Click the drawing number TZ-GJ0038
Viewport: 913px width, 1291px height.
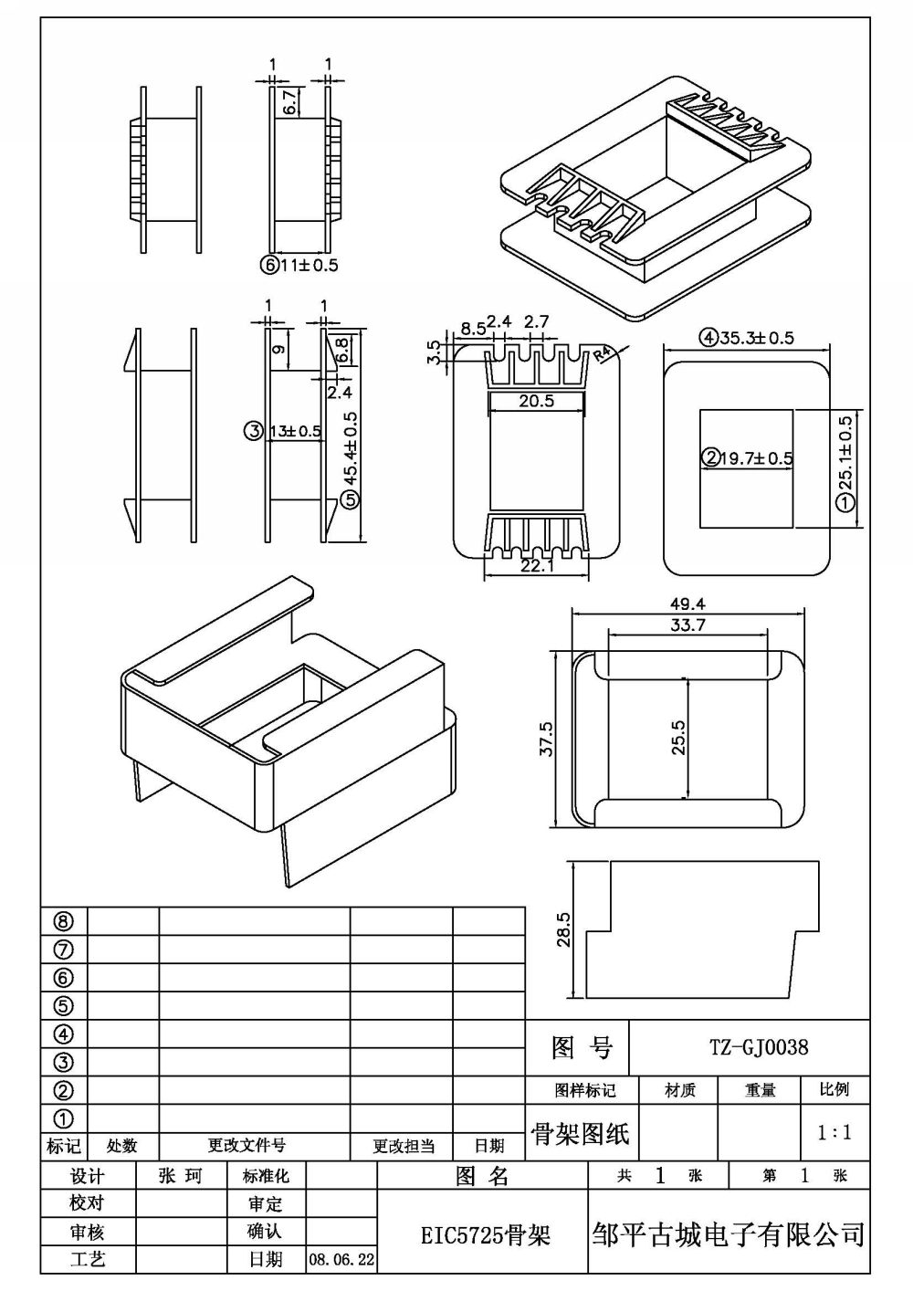[x=759, y=1047]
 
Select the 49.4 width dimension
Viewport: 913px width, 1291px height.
[x=687, y=604]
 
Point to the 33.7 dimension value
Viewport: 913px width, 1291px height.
[x=687, y=625]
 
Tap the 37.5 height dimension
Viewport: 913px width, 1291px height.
[x=546, y=740]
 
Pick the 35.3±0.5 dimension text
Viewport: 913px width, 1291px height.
[x=747, y=338]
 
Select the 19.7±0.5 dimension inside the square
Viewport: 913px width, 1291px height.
[x=747, y=458]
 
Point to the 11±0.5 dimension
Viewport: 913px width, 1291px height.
[x=299, y=266]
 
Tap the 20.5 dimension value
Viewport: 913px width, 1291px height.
[x=536, y=401]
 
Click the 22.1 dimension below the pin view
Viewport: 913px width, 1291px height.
[x=537, y=566]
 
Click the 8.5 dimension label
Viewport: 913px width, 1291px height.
[x=473, y=329]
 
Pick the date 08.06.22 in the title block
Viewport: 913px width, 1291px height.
[x=341, y=1259]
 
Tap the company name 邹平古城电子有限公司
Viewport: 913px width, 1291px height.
[x=728, y=1234]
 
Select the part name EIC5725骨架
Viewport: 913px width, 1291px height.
[x=486, y=1235]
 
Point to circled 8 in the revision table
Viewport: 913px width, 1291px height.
[x=63, y=922]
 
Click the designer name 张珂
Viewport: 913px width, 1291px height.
[x=181, y=1176]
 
